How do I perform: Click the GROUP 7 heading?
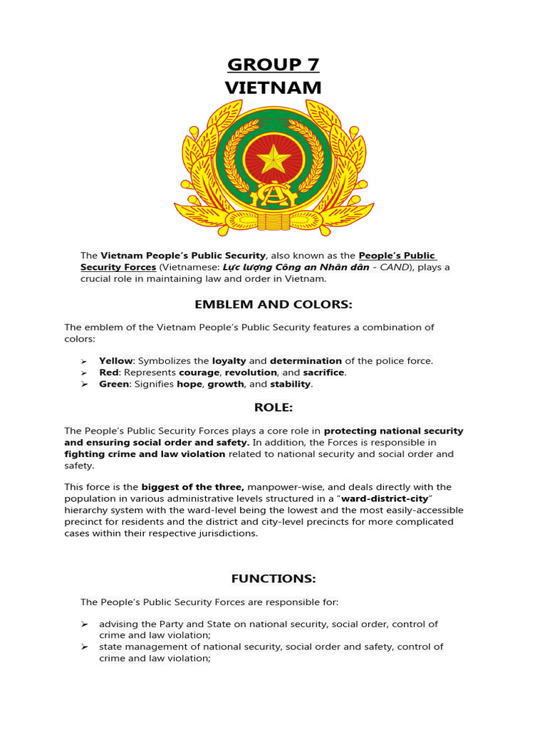click(273, 65)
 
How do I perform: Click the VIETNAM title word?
click(273, 88)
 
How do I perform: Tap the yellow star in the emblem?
click(273, 160)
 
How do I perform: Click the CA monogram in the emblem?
click(273, 194)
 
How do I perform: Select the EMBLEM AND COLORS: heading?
click(273, 305)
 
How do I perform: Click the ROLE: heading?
click(273, 407)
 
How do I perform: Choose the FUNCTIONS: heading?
click(273, 578)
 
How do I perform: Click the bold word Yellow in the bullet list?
click(115, 361)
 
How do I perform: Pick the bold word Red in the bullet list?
click(108, 372)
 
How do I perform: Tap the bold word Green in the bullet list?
click(114, 384)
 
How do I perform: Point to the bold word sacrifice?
click(323, 372)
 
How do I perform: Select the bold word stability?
click(290, 384)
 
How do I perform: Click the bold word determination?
click(306, 361)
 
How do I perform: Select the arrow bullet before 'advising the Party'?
click(84, 624)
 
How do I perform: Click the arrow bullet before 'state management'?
click(84, 647)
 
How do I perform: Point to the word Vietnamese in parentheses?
click(189, 267)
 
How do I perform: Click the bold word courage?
click(199, 372)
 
